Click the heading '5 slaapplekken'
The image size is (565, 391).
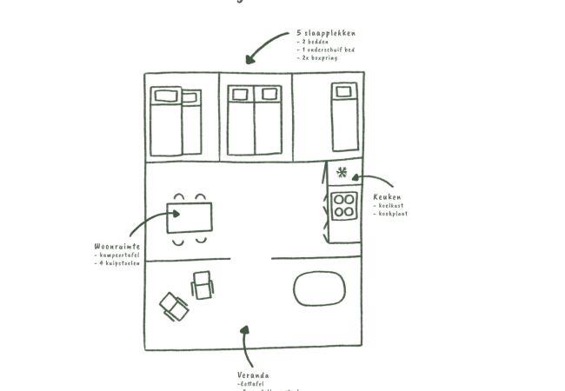coord(325,33)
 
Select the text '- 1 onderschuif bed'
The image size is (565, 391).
coord(325,50)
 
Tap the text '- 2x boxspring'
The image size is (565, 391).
coord(317,58)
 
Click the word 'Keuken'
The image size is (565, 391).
coord(387,197)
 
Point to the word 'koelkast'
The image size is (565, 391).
coord(390,206)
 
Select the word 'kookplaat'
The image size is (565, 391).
coord(392,214)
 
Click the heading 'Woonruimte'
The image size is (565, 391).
coord(116,247)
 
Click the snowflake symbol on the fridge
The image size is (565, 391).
coord(342,172)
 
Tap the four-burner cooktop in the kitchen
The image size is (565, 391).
coord(344,205)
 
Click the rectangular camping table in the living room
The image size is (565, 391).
coord(189,218)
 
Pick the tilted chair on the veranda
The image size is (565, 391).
coord(173,306)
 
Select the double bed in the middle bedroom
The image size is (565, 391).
coord(255,121)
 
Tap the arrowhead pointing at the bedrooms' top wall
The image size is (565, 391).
coord(250,60)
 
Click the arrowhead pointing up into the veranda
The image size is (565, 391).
coord(245,331)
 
